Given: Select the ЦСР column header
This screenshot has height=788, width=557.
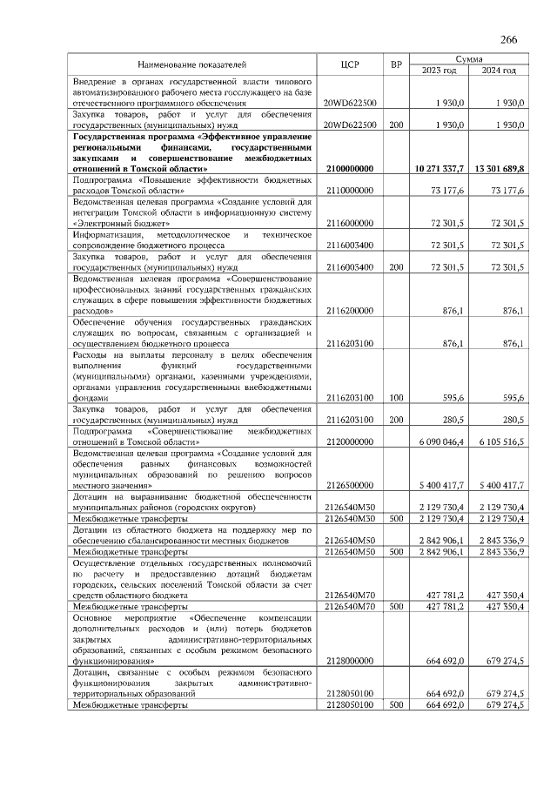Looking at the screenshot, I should (351, 64).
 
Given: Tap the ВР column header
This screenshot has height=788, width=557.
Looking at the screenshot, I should (396, 64).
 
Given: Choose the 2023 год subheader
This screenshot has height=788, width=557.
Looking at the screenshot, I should (439, 71).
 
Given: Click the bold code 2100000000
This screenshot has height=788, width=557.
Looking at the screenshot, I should (350, 168).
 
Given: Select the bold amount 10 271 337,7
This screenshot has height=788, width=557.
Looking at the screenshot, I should (441, 168).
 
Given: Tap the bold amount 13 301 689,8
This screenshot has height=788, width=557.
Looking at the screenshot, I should (500, 168).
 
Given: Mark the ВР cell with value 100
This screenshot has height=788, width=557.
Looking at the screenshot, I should (396, 397).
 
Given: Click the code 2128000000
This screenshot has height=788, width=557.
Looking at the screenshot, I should (350, 661).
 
